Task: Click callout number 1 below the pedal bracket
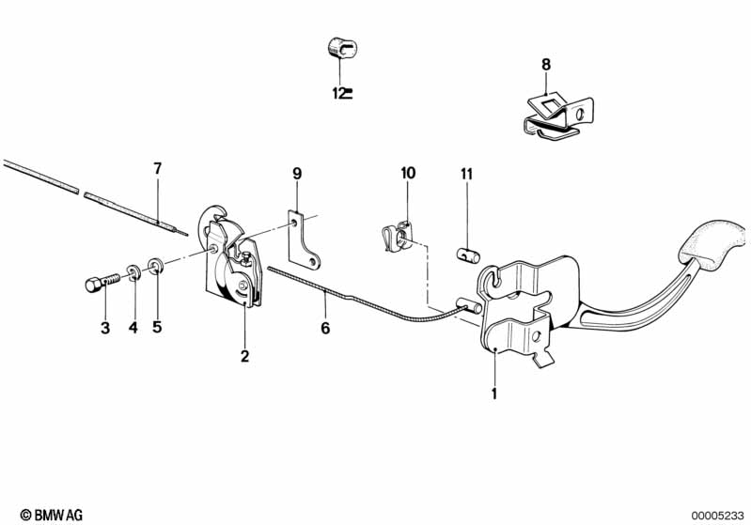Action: [x=494, y=394]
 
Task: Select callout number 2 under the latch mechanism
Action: [x=244, y=356]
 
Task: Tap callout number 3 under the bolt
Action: [x=105, y=328]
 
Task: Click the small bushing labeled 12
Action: [x=342, y=48]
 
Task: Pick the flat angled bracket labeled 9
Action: [x=303, y=239]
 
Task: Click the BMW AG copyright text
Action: [x=52, y=515]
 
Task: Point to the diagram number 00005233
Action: [x=717, y=516]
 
